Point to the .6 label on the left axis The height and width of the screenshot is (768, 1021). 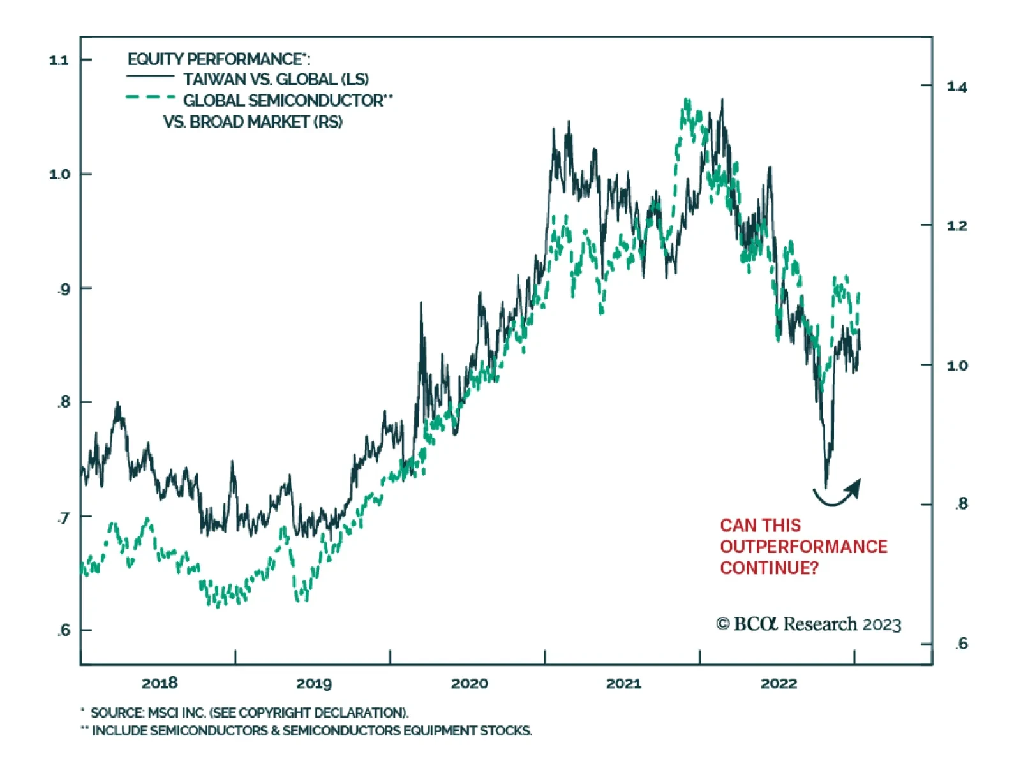click(x=63, y=631)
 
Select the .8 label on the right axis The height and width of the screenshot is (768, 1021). click(x=961, y=504)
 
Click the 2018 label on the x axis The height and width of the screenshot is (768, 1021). click(x=160, y=684)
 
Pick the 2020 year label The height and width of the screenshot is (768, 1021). click(x=470, y=684)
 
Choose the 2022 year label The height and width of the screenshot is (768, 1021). click(x=779, y=684)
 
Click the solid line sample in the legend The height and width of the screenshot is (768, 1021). click(x=150, y=77)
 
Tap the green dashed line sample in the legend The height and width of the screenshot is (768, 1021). click(x=150, y=98)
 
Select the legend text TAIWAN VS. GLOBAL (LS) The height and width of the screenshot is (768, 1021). click(x=276, y=79)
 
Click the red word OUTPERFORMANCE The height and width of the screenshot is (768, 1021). click(x=803, y=547)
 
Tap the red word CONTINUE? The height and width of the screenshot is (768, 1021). click(x=769, y=568)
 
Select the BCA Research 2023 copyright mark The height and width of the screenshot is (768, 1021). click(x=809, y=624)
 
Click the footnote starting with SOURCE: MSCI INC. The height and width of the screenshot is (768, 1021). click(x=249, y=713)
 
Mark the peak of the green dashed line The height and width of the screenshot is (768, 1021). click(x=687, y=100)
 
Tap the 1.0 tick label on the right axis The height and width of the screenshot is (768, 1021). click(x=957, y=366)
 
